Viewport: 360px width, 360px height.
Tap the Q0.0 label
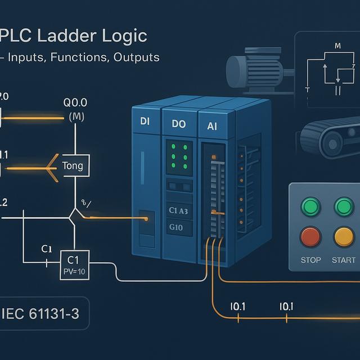pos(76,103)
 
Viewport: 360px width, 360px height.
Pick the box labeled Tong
pos(73,166)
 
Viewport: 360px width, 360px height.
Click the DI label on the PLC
pos(143,121)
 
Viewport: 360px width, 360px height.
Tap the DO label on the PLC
pos(173,124)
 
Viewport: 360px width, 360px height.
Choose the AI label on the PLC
pos(212,127)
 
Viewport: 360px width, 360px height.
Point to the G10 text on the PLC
pos(177,227)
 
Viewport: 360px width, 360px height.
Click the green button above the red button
pos(310,207)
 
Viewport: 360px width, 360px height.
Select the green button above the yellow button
pos(344,207)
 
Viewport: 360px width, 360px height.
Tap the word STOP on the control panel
pos(310,260)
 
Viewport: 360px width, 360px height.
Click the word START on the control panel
pos(344,260)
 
